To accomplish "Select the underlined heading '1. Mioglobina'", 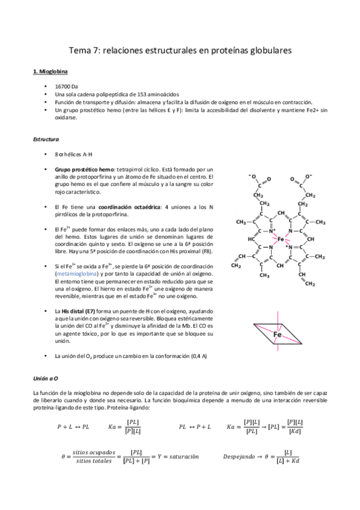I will point(50,73).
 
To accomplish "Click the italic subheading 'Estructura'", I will point(46,140).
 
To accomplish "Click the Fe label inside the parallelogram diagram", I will point(278,334).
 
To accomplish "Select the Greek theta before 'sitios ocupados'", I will point(63,456).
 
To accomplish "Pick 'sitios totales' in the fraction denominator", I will point(93,461).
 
